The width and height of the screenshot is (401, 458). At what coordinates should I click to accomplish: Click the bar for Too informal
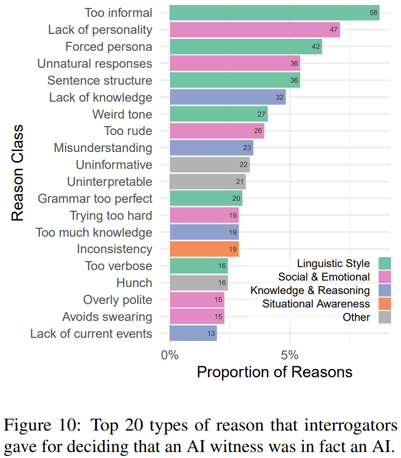(274, 12)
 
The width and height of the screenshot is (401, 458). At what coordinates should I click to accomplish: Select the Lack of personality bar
(254, 29)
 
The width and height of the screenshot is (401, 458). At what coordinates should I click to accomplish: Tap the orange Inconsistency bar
(204, 249)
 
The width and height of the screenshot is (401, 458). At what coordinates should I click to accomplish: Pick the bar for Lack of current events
(193, 333)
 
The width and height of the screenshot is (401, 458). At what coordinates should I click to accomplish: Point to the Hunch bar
(199, 283)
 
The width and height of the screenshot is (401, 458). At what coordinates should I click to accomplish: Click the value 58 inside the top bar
(374, 12)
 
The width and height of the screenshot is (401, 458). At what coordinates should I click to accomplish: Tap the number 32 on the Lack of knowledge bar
(280, 97)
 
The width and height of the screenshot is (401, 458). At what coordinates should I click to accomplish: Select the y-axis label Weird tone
(122, 114)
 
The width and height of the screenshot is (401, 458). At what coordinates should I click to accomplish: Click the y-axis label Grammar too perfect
(95, 199)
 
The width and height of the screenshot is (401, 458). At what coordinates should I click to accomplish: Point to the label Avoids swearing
(107, 316)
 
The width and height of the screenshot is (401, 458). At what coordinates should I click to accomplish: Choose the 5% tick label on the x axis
(290, 355)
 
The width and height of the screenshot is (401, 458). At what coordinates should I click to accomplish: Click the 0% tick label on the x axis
(170, 355)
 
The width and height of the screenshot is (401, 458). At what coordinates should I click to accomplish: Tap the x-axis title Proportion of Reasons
(274, 372)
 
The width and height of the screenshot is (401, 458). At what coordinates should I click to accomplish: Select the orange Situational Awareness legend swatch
(385, 303)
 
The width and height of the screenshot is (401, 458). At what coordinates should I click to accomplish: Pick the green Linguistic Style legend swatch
(385, 263)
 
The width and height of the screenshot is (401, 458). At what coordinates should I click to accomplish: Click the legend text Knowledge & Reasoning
(310, 290)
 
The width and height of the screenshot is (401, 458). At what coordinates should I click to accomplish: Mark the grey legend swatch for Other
(385, 317)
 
